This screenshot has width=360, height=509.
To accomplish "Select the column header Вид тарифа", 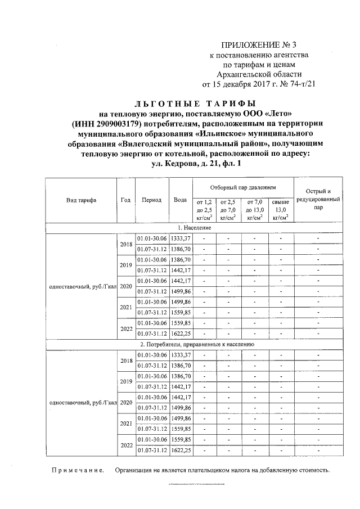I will coord(81,200).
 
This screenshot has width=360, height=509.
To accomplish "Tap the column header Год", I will coord(126,200).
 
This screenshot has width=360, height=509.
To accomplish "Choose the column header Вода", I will coord(181,200).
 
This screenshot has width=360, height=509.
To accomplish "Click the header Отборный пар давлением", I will coord(243,186).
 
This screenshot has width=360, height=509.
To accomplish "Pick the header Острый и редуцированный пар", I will coord(318,199).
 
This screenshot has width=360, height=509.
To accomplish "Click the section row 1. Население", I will coord(194,227).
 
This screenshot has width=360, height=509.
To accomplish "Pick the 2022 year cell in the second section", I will coord(126,445).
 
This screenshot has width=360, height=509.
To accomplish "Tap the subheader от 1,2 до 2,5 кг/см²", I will coord(203,209).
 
